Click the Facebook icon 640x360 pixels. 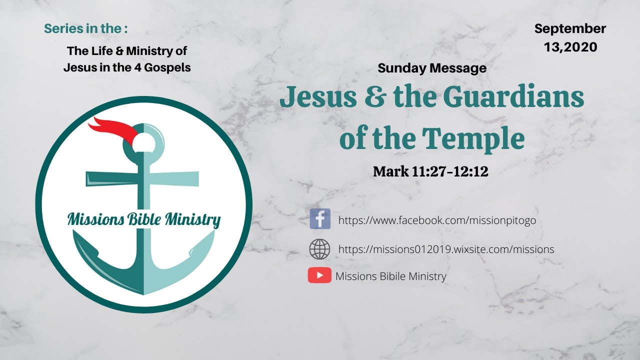click(320, 219)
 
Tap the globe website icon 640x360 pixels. click(320, 249)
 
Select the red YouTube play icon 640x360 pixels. click(319, 275)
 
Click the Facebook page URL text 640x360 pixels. click(437, 220)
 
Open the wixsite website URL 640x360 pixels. click(446, 249)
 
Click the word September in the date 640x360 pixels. click(570, 29)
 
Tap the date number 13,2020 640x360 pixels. click(570, 47)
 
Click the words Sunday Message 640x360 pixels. click(432, 68)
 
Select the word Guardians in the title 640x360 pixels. click(513, 97)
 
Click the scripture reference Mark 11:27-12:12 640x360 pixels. click(430, 171)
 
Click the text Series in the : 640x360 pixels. click(85, 28)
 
